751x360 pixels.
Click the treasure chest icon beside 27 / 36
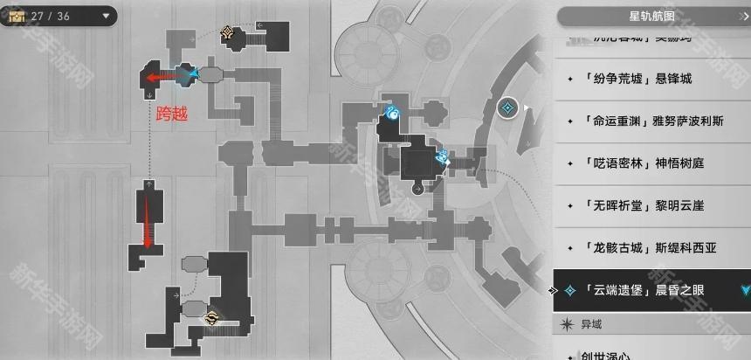pyautogui.click(x=15, y=16)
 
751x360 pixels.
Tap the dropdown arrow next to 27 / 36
pyautogui.click(x=106, y=16)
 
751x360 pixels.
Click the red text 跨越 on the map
pyautogui.click(x=172, y=113)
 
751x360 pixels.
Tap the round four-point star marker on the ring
pyautogui.click(x=506, y=108)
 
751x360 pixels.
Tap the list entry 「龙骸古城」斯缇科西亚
pyautogui.click(x=651, y=247)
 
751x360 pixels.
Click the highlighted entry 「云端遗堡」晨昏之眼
pyautogui.click(x=651, y=290)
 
